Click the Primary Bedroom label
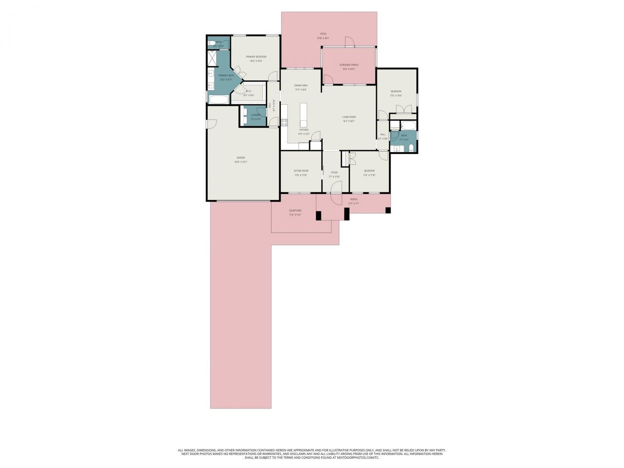256,57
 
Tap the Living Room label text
349,117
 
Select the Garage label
241,157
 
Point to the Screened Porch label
349,64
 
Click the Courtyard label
295,211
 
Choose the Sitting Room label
301,171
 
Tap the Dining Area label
301,85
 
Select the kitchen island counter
304,115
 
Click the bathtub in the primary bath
218,100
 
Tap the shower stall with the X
213,58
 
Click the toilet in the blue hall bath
412,148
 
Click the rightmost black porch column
388,211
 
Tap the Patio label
323,34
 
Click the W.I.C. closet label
249,91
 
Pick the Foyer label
334,172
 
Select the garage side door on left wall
212,124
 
